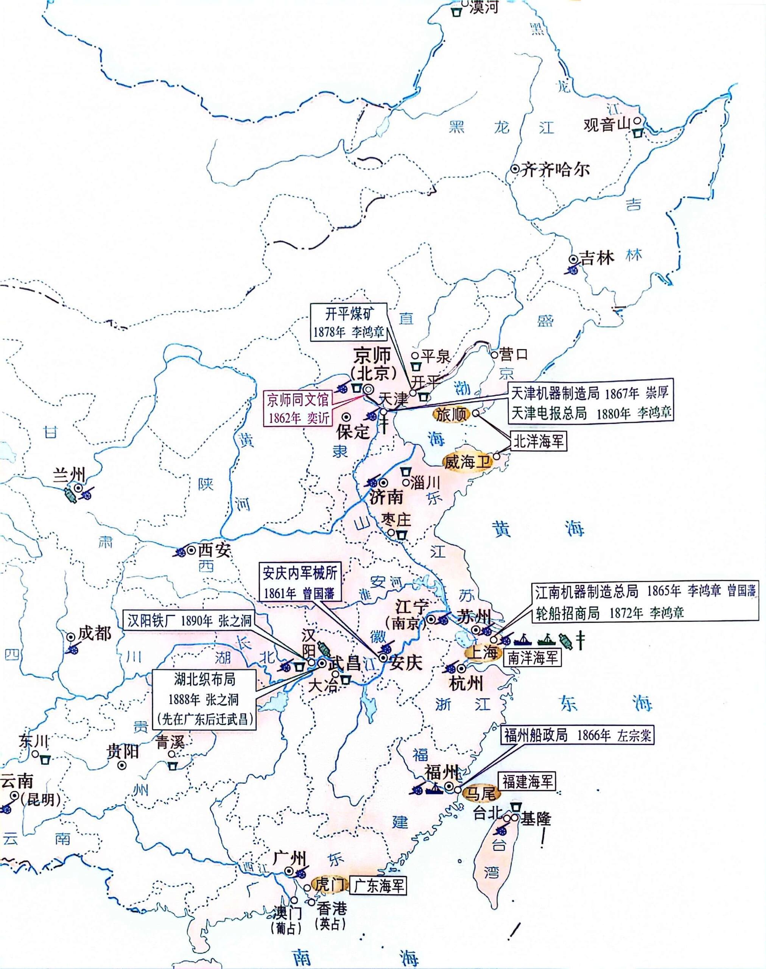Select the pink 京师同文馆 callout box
[299, 408]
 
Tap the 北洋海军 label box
[538, 442]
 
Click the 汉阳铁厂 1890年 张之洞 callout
[190, 621]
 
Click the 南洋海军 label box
[532, 658]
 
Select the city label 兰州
[69, 474]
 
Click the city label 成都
[94, 634]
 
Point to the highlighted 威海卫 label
[466, 462]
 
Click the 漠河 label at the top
[483, 7]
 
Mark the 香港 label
[332, 908]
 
